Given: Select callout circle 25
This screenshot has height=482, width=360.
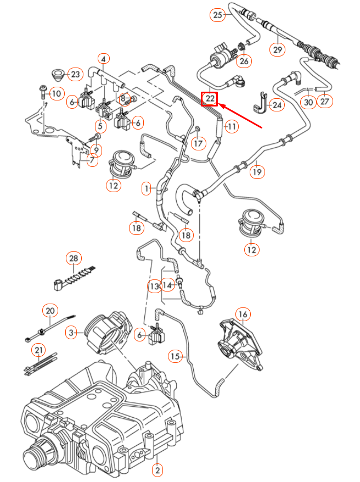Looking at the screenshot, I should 218,15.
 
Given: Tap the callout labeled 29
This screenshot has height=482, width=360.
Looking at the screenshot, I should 278,49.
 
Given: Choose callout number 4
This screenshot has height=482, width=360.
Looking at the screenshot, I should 104,58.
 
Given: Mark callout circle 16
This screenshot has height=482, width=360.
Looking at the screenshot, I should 243,315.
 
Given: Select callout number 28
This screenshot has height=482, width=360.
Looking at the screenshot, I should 74,259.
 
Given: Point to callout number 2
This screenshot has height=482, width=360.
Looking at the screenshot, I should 157,469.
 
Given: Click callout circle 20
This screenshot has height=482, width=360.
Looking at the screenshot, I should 50,311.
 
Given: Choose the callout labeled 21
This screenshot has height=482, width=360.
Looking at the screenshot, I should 38,350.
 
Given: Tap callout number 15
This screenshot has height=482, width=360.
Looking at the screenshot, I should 175,356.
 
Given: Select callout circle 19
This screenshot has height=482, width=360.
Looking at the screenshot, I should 257,172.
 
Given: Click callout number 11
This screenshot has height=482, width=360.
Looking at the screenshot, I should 232,127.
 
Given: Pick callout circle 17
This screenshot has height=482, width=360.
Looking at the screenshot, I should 198,143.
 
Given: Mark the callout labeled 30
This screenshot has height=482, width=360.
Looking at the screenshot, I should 308,102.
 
